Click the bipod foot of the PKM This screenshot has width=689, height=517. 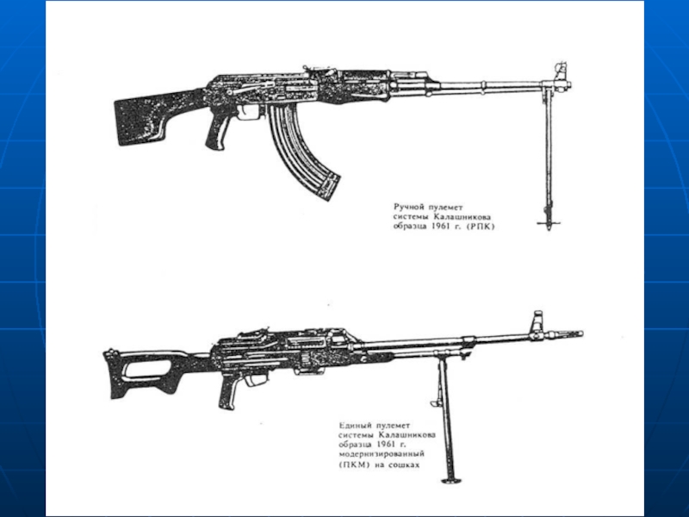click(449, 480)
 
